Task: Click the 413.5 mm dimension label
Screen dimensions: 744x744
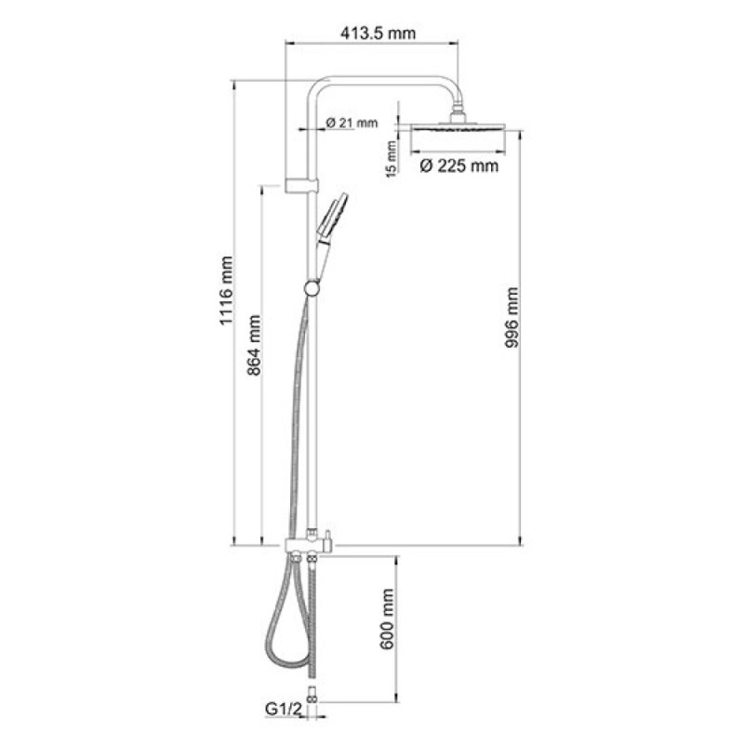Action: tap(378, 33)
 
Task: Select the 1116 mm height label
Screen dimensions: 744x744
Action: tap(226, 290)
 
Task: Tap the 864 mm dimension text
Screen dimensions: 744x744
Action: tap(254, 345)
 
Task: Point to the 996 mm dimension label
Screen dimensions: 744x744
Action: tap(511, 317)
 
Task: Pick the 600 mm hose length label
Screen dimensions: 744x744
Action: tap(387, 618)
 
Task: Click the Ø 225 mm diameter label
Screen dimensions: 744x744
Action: tap(459, 166)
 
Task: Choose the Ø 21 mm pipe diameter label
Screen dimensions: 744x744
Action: tap(352, 123)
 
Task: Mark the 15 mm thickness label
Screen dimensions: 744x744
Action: tap(391, 159)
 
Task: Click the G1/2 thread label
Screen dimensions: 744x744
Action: tap(284, 710)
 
